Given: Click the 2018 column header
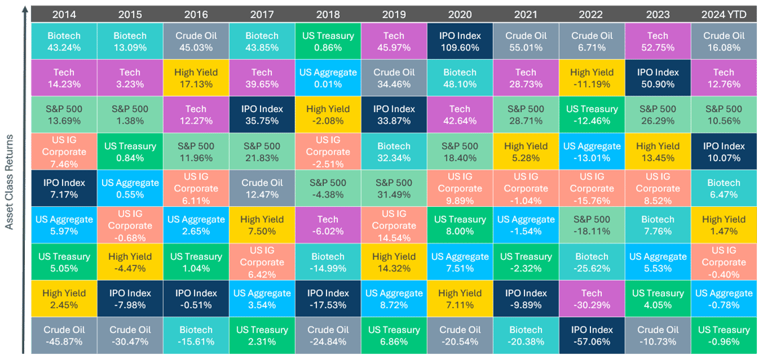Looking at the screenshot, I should click(x=328, y=14).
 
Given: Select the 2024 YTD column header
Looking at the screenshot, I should click(x=724, y=14).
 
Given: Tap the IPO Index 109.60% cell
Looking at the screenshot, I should click(x=459, y=42).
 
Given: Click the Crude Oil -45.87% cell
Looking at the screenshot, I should click(x=64, y=336).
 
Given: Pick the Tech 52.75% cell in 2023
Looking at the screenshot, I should click(x=658, y=42).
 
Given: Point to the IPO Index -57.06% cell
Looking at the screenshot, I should click(x=592, y=336).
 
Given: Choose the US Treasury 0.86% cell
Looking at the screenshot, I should click(x=328, y=42).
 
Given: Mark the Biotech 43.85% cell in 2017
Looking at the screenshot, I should click(x=262, y=42).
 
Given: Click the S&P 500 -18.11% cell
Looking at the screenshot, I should click(x=592, y=226).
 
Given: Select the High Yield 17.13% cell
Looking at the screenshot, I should click(x=196, y=79).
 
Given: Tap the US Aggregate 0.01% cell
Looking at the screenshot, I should click(x=328, y=79).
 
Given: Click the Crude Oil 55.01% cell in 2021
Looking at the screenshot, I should click(x=525, y=42).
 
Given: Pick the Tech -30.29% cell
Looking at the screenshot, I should click(x=592, y=299).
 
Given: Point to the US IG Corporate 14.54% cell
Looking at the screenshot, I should click(x=394, y=226).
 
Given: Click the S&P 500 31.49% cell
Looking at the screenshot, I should click(x=394, y=189).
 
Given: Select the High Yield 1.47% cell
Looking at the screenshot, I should click(x=724, y=226).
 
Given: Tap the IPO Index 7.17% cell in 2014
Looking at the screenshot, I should click(x=64, y=189).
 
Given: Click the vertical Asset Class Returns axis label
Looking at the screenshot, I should click(x=11, y=181).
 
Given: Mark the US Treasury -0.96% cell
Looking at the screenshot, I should click(x=724, y=336).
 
